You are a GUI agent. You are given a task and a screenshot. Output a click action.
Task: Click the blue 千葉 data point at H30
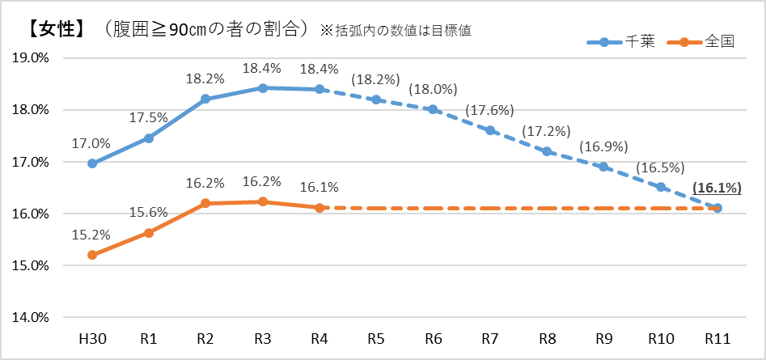click(92, 163)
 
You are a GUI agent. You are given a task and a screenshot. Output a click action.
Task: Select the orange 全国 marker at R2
click(205, 203)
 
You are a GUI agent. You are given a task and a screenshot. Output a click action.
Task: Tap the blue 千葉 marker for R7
click(490, 130)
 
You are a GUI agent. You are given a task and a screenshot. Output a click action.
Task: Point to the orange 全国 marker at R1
click(149, 233)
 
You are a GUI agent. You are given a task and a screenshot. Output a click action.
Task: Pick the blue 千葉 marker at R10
click(661, 187)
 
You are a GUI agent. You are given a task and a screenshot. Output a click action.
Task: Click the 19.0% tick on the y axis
click(31, 58)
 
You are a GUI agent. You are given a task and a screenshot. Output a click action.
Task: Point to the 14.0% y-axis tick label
click(31, 317)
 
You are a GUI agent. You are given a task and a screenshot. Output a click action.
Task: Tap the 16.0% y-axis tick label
click(31, 214)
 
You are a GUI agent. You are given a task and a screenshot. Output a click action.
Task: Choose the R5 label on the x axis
click(376, 337)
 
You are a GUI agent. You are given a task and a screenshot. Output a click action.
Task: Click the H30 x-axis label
click(92, 337)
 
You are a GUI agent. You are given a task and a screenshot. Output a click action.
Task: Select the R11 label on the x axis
click(717, 337)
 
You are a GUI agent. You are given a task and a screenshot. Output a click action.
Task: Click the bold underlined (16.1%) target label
click(717, 188)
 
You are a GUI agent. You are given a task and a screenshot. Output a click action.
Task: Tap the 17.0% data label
click(91, 142)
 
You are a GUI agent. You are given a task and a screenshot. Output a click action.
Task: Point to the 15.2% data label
click(91, 235)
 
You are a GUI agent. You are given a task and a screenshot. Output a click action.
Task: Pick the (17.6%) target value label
click(490, 110)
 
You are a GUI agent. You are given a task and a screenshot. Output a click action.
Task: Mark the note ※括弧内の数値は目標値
click(396, 31)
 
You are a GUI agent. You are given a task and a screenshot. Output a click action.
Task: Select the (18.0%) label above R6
click(433, 89)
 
